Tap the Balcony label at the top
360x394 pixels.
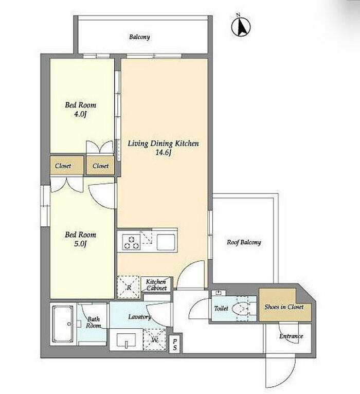[x=139, y=37]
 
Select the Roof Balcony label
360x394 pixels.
[x=244, y=242]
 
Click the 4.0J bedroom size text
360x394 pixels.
[x=80, y=114]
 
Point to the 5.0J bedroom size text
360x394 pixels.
[x=80, y=244]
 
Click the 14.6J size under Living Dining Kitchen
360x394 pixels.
[x=163, y=153]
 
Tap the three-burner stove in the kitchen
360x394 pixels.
[x=131, y=242]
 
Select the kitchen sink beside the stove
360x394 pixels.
[x=166, y=242]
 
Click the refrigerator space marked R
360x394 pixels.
[x=129, y=287]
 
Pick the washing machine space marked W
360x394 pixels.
[x=154, y=339]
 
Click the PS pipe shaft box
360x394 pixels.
[x=175, y=345]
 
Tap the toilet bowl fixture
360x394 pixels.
[x=241, y=308]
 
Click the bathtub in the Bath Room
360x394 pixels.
[x=63, y=324]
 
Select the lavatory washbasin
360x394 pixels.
[x=127, y=341]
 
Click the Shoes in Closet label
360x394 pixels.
[x=284, y=307]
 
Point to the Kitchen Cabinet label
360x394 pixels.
[x=156, y=285]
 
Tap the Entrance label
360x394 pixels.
[x=291, y=336]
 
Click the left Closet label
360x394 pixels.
[x=63, y=166]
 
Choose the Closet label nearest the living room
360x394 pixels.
[x=100, y=166]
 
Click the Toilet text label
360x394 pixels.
[x=221, y=308]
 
